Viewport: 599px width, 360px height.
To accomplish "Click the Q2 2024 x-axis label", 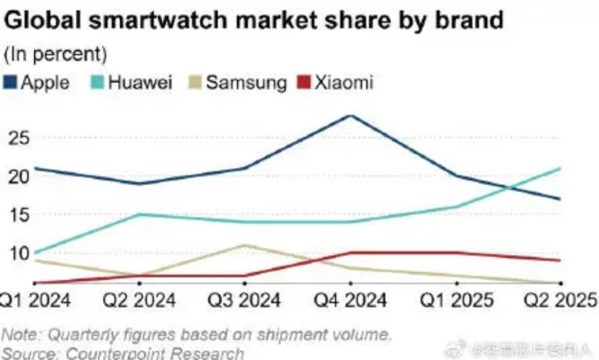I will (141, 300).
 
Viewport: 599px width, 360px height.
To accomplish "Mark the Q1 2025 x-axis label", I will (455, 300).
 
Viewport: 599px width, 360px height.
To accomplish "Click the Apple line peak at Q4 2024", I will (350, 115).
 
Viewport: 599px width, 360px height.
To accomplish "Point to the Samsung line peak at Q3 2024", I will (245, 245).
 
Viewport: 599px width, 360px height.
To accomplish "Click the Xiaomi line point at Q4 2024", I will (350, 253).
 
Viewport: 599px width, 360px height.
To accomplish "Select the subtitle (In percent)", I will (56, 54).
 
